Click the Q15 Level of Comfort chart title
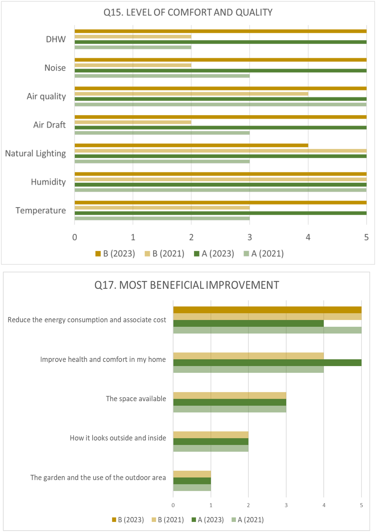[x=188, y=13]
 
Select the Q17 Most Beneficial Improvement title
[x=187, y=285]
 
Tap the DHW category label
[x=56, y=40]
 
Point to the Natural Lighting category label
[x=35, y=154]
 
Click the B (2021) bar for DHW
[x=133, y=37]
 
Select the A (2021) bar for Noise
[x=162, y=76]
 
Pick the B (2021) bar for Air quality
[x=191, y=94]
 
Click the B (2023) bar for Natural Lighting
[x=191, y=145]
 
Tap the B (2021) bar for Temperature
[x=162, y=208]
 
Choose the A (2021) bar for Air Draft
[x=162, y=133]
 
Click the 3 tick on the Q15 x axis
[x=250, y=237]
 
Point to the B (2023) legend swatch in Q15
[x=98, y=254]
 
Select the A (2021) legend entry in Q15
[x=264, y=254]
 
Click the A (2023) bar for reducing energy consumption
[x=248, y=323]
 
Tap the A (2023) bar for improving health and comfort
[x=267, y=363]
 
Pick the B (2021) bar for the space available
[x=230, y=395]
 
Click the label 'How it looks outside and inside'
[x=118, y=438]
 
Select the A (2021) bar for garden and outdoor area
[x=192, y=487]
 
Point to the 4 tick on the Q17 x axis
[x=324, y=505]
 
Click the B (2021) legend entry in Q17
[x=168, y=520]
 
